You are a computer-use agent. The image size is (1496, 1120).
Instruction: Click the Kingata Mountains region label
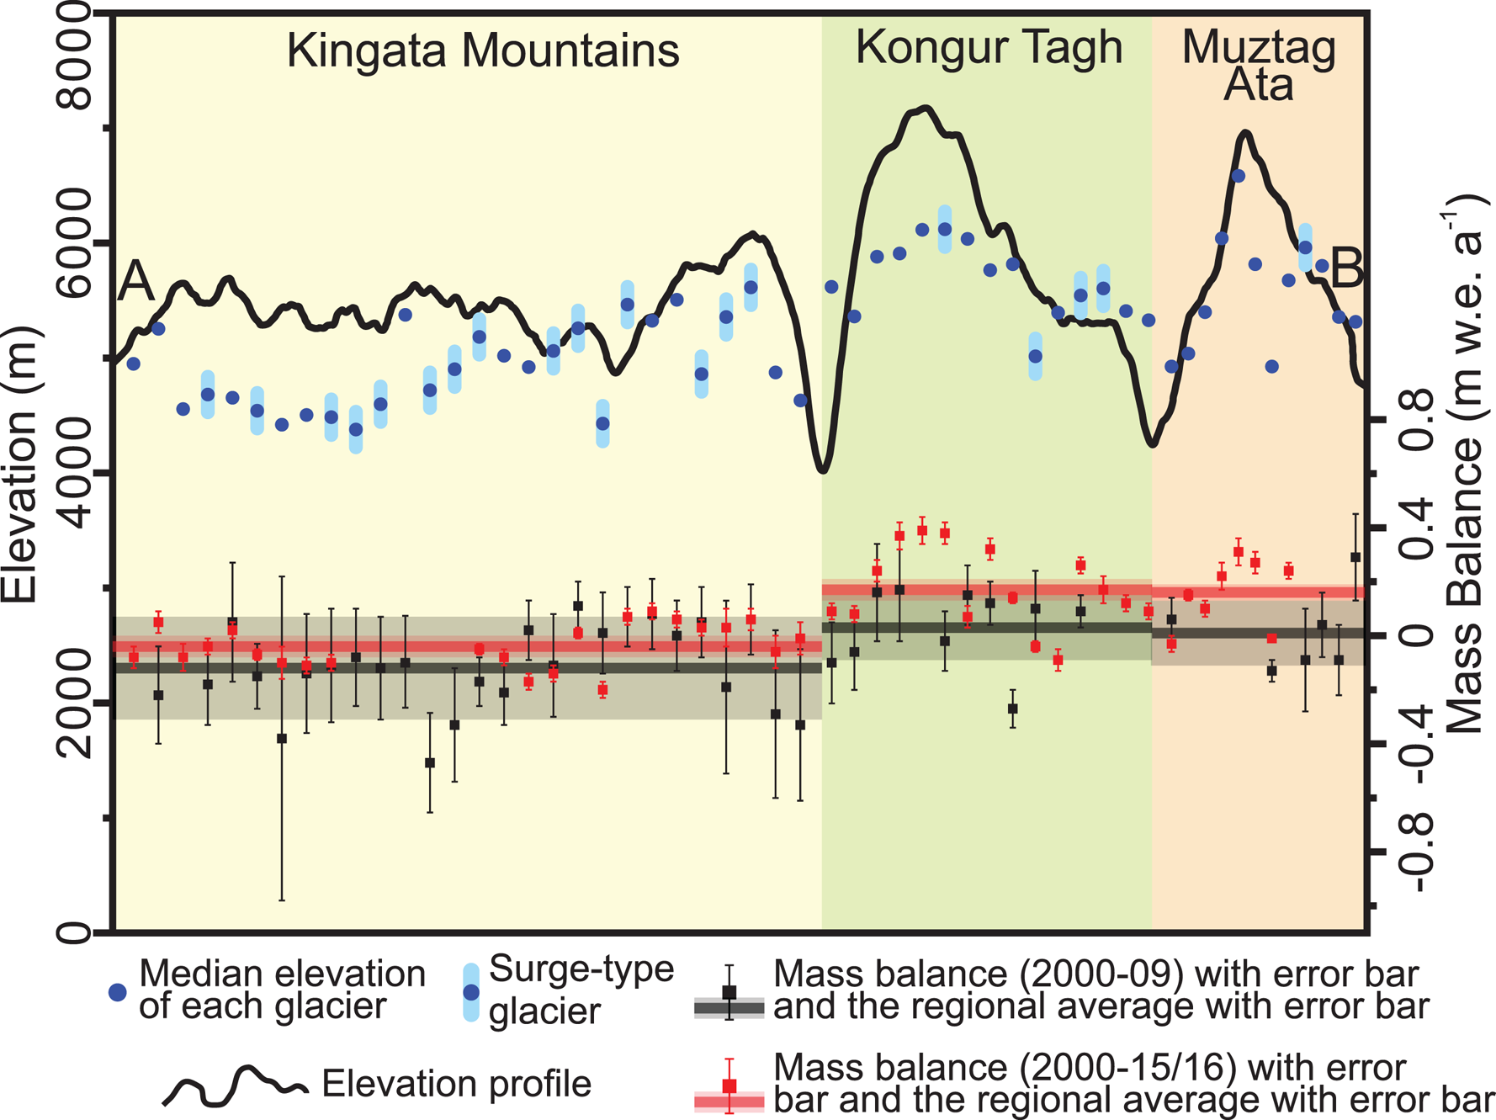482,50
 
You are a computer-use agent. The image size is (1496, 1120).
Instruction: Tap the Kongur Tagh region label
989,47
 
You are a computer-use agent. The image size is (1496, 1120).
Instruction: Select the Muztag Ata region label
1259,66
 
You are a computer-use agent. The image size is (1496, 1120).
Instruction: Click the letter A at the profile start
135,281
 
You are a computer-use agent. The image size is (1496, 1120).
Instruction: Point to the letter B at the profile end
1345,269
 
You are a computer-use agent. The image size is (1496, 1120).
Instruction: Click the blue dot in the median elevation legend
118,993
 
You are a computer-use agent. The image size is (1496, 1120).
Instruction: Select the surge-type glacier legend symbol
471,993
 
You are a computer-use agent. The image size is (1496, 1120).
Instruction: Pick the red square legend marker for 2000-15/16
729,1086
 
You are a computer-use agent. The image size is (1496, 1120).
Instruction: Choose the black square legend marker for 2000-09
729,993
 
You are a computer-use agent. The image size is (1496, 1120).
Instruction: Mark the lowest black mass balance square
430,762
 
